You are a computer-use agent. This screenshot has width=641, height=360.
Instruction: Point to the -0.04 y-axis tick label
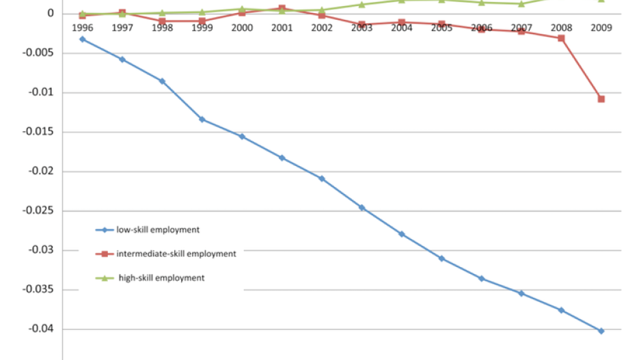click(40, 329)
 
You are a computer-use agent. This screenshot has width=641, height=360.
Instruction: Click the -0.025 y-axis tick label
click(38, 210)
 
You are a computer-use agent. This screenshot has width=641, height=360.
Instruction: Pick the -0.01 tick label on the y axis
click(40, 92)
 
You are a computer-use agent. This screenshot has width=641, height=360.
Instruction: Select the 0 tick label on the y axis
click(51, 14)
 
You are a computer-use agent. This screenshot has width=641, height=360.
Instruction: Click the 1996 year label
click(83, 28)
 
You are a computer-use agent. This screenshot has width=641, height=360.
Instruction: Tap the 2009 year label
click(601, 28)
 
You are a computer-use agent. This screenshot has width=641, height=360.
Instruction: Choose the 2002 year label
click(322, 28)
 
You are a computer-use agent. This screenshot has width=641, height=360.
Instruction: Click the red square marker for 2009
click(601, 99)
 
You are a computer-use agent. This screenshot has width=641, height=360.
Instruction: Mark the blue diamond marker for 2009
click(601, 331)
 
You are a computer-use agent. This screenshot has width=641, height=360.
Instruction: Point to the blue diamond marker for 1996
click(83, 39)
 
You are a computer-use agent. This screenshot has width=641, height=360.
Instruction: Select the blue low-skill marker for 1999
click(202, 119)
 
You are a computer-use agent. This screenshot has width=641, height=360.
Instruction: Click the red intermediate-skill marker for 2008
click(561, 38)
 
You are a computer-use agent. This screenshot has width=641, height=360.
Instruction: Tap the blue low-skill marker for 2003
click(362, 207)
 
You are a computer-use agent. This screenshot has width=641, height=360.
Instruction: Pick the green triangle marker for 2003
click(362, 5)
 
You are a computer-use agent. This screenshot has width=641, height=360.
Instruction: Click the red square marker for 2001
click(282, 8)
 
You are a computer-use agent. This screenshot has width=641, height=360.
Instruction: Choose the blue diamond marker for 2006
click(481, 278)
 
